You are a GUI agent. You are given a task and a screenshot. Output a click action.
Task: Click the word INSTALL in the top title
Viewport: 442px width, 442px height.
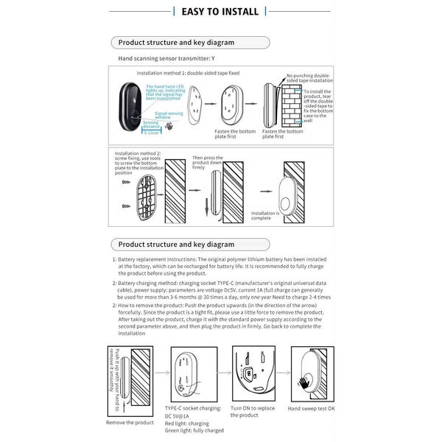pos(236,11)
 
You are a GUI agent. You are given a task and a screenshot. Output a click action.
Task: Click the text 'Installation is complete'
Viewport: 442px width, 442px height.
pos(266,215)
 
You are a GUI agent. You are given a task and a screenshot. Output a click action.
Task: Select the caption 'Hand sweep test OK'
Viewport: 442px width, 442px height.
pos(312,408)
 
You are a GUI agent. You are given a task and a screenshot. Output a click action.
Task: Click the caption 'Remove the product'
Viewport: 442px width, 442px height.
pos(130,422)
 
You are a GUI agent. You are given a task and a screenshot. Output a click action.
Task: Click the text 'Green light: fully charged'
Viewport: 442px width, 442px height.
pos(194,429)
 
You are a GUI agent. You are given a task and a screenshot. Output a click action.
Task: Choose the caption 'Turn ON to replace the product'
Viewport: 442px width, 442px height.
pos(253,411)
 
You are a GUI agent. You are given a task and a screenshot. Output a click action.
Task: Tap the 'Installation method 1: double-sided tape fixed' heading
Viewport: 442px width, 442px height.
pos(189,74)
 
